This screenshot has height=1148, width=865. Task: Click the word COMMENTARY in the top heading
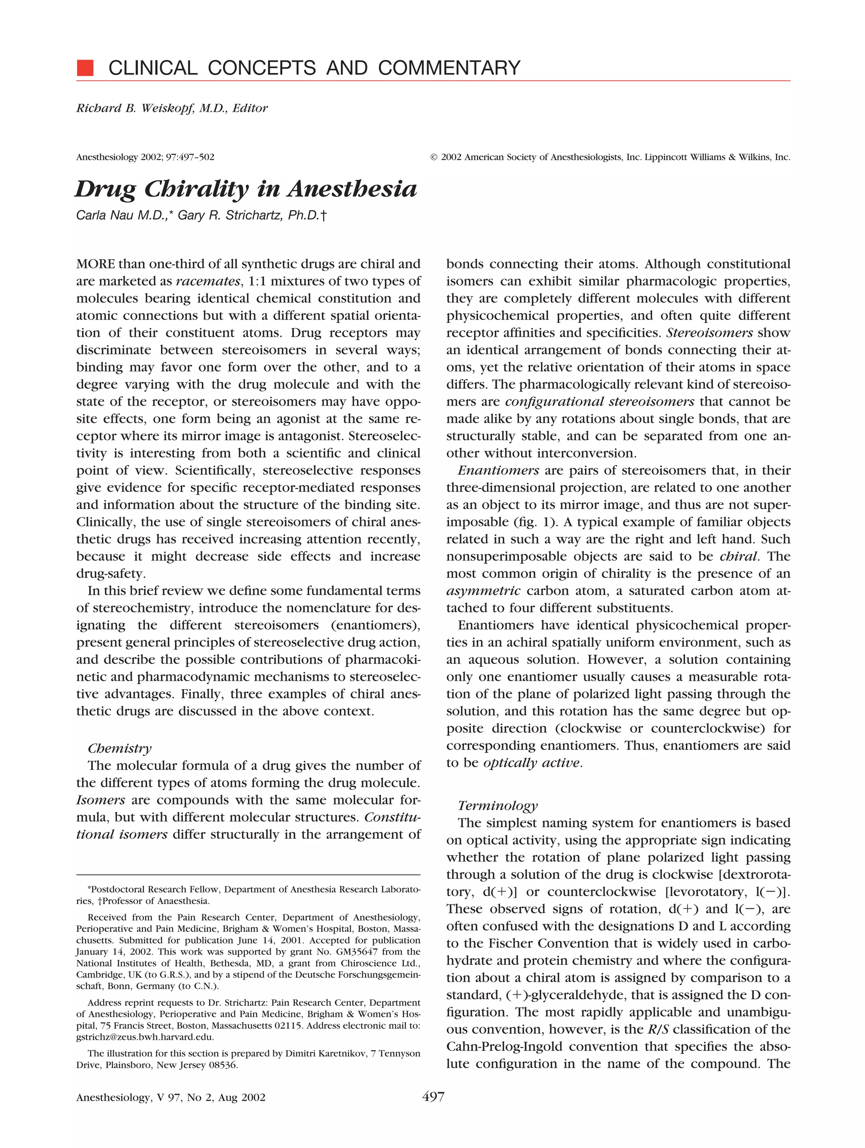pos(449,68)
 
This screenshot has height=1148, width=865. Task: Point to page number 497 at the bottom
pos(433,1097)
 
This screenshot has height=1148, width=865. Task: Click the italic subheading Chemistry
pos(120,748)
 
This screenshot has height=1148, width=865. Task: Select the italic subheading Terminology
pos(498,805)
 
